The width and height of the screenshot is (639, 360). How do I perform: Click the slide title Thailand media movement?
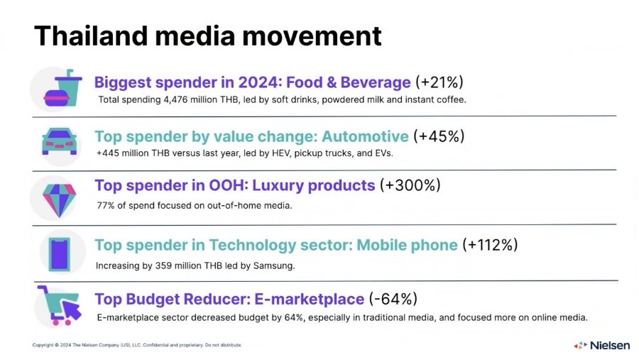(x=207, y=36)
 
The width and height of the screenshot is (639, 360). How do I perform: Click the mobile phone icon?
(x=60, y=251)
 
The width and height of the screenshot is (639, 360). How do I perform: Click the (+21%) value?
(x=440, y=82)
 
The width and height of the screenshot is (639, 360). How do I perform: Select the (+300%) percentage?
(x=410, y=185)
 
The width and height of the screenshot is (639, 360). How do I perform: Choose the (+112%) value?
(x=490, y=245)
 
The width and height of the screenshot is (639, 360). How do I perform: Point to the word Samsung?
(x=275, y=266)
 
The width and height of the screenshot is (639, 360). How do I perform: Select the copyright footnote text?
(x=137, y=345)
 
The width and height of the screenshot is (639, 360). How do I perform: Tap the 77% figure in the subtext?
(x=105, y=206)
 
